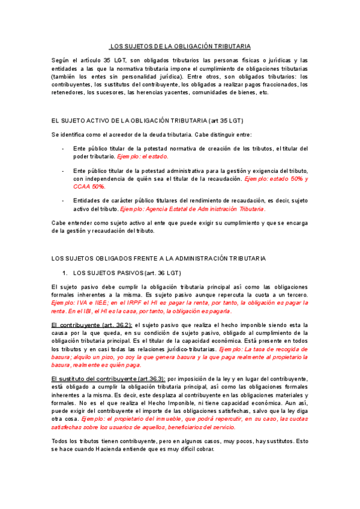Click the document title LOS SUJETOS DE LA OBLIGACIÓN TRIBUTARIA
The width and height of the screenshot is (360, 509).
[180, 46]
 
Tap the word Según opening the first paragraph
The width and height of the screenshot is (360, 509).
[62, 61]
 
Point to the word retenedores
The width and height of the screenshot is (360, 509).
[68, 92]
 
